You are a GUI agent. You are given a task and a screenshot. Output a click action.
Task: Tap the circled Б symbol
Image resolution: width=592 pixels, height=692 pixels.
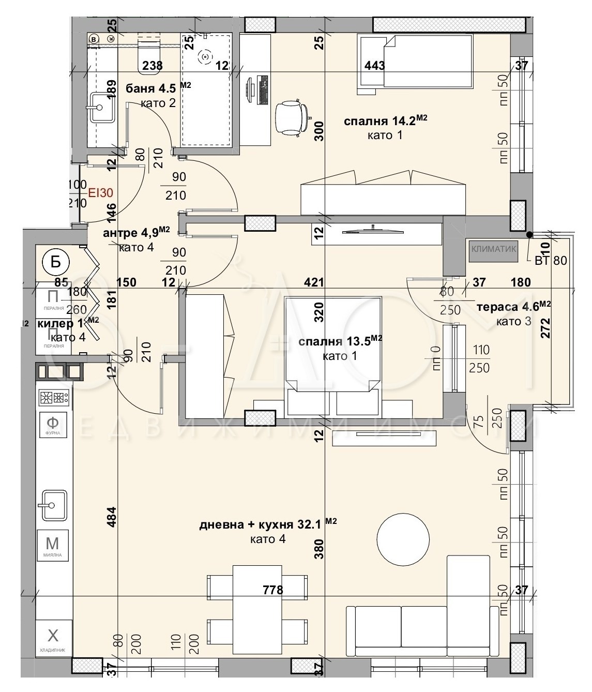point(55,262)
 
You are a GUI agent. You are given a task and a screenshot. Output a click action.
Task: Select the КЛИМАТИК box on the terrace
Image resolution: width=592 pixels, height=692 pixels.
point(493,249)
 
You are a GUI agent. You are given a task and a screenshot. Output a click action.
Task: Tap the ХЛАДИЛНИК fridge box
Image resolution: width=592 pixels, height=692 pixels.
point(53,637)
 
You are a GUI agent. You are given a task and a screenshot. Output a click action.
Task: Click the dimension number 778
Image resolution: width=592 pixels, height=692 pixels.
point(272,590)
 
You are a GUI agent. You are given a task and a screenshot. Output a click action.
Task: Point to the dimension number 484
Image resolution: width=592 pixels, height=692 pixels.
point(112,518)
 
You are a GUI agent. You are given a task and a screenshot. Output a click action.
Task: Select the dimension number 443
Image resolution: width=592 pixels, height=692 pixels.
point(375,66)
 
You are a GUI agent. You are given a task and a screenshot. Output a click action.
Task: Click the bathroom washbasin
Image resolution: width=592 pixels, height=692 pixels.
point(102,107)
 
